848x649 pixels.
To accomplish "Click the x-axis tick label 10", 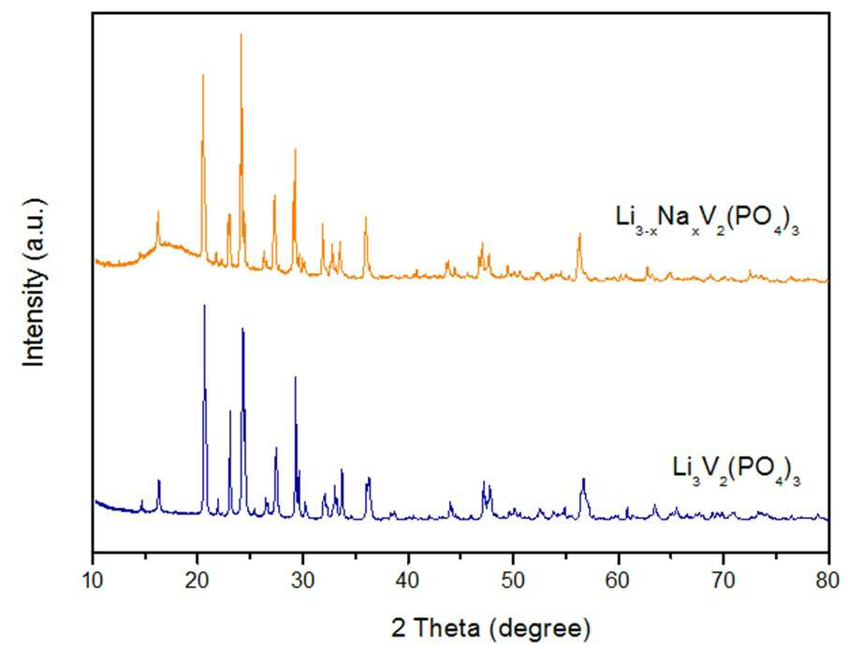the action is click(93, 581).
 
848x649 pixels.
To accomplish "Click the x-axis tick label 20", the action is click(197, 581).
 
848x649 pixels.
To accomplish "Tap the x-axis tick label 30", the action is click(303, 581).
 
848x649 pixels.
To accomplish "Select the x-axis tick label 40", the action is click(408, 581).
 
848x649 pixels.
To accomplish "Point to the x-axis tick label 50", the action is click(513, 581).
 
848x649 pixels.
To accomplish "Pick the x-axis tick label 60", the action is click(618, 581).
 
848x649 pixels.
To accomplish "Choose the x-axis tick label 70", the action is click(724, 581).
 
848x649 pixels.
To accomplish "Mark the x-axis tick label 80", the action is click(828, 581).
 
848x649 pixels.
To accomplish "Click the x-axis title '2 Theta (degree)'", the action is click(490, 628).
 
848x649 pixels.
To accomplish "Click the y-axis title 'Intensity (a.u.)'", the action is click(35, 282).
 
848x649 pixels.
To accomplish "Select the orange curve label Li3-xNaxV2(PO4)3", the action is click(708, 220).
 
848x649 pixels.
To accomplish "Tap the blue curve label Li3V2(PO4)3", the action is click(737, 470).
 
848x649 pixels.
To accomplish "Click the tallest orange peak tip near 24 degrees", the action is click(241, 34).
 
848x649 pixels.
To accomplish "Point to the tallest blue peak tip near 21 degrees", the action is click(204, 305).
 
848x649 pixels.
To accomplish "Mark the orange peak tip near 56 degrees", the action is click(579, 234).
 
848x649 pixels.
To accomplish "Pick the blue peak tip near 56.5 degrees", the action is click(583, 479).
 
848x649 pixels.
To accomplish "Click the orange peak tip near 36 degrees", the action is click(366, 217).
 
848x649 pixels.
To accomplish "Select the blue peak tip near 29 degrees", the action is click(295, 377).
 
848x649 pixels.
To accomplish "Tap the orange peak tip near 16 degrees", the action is click(158, 211).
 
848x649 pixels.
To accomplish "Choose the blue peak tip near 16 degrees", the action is click(158, 480).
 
